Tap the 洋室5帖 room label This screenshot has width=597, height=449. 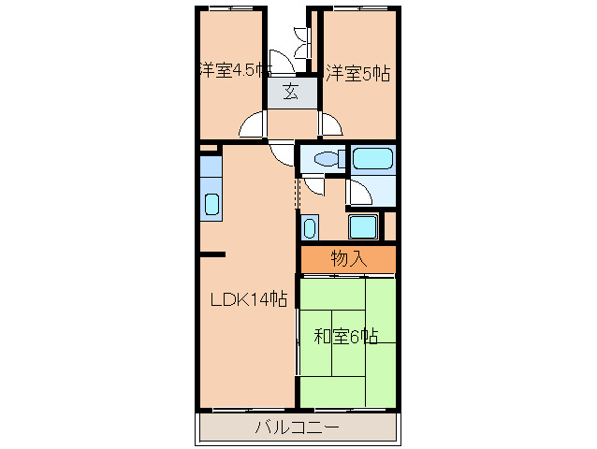pyautogui.click(x=358, y=71)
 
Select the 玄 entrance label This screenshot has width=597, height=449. pyautogui.click(x=291, y=92)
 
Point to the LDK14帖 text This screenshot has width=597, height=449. pyautogui.click(x=247, y=299)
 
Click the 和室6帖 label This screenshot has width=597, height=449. pyautogui.click(x=345, y=336)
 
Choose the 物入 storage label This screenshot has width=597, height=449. pyautogui.click(x=348, y=258)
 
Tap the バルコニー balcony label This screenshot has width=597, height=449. pyautogui.click(x=298, y=428)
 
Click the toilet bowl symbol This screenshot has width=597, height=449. pyautogui.click(x=324, y=159)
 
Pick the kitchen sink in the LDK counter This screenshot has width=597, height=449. pyautogui.click(x=211, y=204)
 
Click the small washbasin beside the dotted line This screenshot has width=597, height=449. pyautogui.click(x=310, y=226)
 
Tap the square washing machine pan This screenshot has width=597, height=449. pyautogui.click(x=362, y=226)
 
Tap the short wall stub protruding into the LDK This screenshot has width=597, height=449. pyautogui.click(x=212, y=253)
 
